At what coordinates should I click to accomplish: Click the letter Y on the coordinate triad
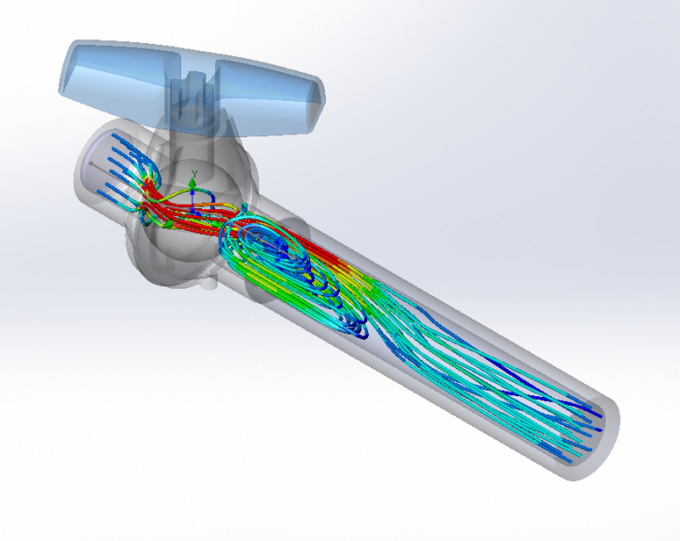click(193, 172)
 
